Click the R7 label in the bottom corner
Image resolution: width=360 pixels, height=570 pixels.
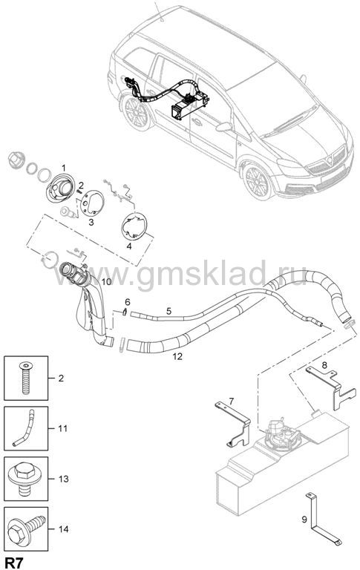14,563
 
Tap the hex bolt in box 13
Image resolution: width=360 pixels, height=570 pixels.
24,479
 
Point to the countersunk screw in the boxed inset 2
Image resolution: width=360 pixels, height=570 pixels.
25,378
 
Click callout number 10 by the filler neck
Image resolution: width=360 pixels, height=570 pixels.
107,282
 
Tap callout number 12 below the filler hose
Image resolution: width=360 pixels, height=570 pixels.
177,356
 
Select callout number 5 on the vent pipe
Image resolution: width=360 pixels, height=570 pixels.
168,311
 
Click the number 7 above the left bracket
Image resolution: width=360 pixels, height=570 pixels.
231,402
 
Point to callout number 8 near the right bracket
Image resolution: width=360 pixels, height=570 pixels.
324,364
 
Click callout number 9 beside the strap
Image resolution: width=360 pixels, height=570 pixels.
304,520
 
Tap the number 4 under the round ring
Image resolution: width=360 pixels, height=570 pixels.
129,246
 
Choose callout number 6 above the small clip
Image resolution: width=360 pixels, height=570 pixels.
127,302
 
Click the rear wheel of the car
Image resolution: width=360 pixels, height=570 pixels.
136,113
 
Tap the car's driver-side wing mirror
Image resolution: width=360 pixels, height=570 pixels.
223,126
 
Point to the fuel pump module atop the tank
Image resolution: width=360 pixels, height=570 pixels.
283,434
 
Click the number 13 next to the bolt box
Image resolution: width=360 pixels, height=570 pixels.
64,479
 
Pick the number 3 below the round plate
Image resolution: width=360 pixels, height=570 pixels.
91,222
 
